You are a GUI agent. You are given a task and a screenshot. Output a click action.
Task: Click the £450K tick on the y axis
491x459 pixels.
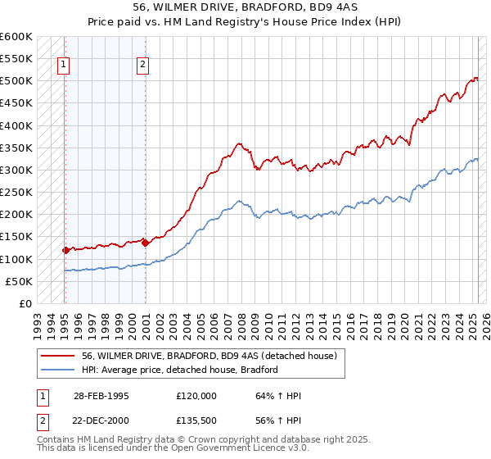[x=16, y=103]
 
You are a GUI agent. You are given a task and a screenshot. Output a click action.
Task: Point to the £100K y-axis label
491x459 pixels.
[x=16, y=259]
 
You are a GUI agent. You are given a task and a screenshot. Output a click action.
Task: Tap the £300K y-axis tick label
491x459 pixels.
[x=16, y=170]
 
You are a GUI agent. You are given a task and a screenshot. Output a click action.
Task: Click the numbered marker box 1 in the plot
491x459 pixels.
[x=63, y=67]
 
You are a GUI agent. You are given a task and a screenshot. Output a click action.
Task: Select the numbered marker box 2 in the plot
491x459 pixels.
[x=142, y=67]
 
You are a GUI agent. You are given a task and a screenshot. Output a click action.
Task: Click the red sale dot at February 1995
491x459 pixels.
[x=65, y=250]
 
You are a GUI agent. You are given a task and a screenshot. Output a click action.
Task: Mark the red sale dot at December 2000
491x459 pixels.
[x=145, y=243]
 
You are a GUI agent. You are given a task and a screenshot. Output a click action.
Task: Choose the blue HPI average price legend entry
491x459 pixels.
[x=180, y=370]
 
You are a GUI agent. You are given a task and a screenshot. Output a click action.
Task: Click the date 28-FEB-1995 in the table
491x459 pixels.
[x=101, y=396]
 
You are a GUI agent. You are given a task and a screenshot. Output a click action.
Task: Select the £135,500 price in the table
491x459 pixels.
[x=196, y=420]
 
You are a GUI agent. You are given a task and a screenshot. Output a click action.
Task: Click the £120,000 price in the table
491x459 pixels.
[x=196, y=396]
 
